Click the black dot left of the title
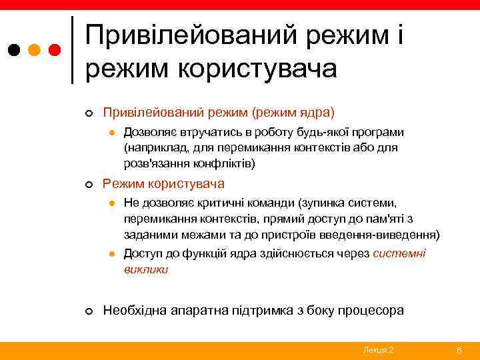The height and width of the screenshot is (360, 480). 14,50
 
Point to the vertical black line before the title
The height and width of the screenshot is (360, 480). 72,50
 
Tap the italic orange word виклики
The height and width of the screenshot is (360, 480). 146,269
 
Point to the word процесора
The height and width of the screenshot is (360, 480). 371,311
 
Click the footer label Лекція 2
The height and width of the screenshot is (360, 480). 379,350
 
